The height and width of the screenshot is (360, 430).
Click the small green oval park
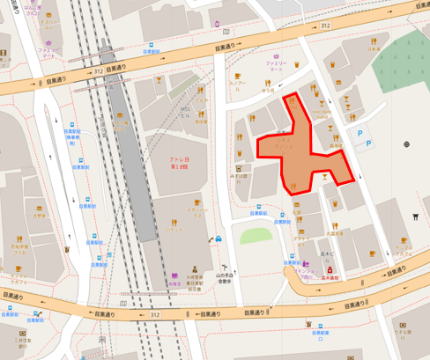(x=256, y=236)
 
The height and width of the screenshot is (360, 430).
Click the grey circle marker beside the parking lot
(x=406, y=143)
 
